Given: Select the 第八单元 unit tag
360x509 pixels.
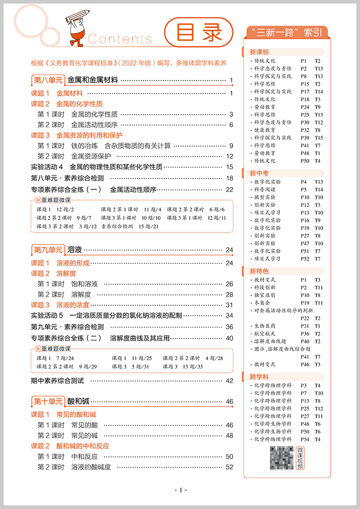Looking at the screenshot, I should click(x=48, y=80).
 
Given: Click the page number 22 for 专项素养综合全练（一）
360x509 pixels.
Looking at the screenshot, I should click(x=229, y=190).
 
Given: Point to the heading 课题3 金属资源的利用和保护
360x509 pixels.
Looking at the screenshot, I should click(x=76, y=135).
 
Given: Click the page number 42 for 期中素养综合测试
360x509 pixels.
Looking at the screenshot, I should click(x=229, y=381).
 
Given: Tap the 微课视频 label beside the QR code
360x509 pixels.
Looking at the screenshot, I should click(x=300, y=458).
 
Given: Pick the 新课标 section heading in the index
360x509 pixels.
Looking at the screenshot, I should click(x=259, y=52).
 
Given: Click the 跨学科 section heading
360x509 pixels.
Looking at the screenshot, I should click(x=259, y=377).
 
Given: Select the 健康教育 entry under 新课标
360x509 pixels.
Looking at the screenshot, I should click(x=265, y=130).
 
